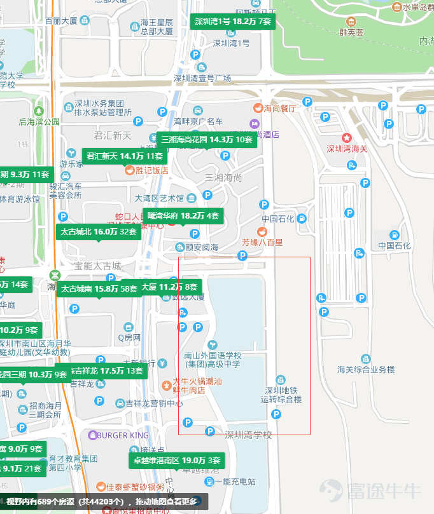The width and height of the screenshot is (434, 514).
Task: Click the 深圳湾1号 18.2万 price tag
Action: point(233,21)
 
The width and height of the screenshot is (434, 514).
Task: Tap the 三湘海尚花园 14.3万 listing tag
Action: point(206,139)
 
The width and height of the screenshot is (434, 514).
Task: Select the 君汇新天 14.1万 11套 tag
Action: point(125,156)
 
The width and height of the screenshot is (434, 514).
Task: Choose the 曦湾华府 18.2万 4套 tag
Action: point(183,216)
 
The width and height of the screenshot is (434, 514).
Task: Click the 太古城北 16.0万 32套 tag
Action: point(99,232)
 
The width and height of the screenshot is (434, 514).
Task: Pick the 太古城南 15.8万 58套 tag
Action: point(99,289)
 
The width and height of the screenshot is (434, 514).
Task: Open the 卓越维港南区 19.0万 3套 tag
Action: point(176,460)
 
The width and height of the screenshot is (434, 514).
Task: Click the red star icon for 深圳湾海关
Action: point(347,137)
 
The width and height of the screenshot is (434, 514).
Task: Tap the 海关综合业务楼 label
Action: point(366,369)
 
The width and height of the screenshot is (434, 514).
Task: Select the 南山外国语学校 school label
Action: point(213,360)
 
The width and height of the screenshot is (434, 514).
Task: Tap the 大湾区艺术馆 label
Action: point(159,198)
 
